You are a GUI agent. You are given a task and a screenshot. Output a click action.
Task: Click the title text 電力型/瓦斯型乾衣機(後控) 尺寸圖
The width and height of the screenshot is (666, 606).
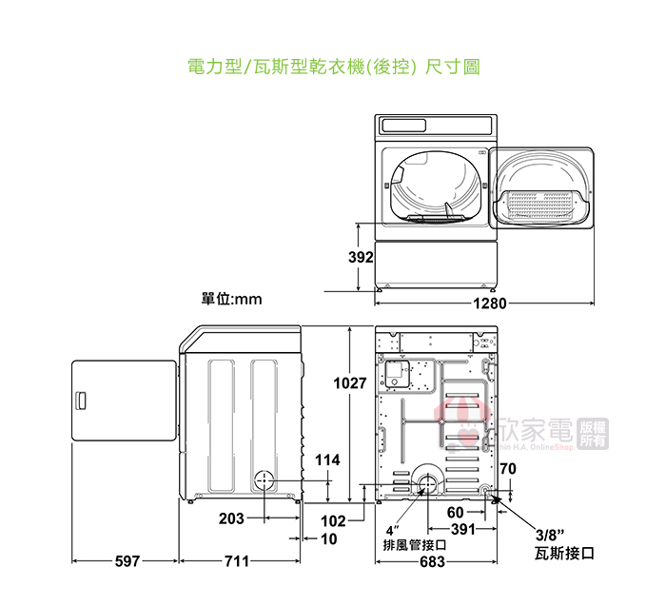coord(333,68)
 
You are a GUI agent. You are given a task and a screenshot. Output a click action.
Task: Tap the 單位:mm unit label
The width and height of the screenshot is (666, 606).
coord(231,299)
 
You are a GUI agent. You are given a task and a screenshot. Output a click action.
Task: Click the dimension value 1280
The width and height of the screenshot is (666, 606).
coord(485,304)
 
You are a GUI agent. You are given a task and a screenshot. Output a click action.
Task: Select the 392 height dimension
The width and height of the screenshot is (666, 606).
coord(360,258)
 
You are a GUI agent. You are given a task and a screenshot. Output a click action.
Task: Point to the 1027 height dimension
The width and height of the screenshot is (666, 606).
coord(349,383)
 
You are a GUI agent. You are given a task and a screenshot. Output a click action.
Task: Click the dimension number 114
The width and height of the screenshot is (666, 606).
coord(326,460)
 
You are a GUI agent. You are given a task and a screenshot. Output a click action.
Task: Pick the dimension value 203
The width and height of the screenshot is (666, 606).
coord(231,518)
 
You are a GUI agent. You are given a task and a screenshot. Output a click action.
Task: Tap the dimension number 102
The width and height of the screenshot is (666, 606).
coord(333,521)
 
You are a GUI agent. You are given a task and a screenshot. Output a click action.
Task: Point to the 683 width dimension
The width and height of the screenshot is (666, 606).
coord(433,562)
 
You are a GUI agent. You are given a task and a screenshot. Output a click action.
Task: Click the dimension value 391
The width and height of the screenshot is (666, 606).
coord(463,530)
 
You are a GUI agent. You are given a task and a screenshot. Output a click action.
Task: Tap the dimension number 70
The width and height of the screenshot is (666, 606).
coord(507,468)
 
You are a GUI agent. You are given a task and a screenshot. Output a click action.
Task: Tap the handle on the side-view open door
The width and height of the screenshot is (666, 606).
coord(82,400)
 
